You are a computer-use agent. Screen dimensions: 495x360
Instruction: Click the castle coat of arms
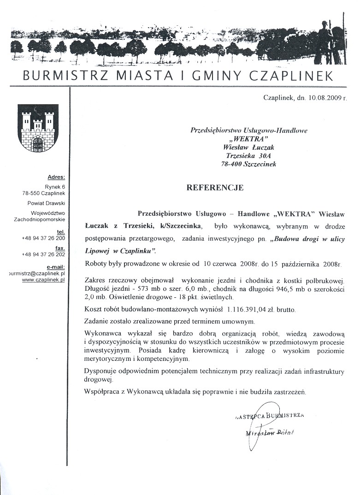[x=38, y=128]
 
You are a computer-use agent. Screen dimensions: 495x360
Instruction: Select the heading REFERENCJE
[x=214, y=188]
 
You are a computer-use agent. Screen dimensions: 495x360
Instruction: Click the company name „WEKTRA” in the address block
[x=249, y=139]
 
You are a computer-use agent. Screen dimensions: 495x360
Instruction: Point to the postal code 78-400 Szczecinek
[x=249, y=164]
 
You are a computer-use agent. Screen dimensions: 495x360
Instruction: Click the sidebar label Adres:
[x=56, y=177]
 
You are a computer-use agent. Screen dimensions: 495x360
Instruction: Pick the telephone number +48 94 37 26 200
[x=43, y=238]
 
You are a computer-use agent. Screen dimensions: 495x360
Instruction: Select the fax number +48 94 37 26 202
[x=43, y=254]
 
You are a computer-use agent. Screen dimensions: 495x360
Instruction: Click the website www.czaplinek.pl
[x=44, y=279]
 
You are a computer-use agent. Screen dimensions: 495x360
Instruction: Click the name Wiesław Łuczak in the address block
[x=249, y=147]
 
